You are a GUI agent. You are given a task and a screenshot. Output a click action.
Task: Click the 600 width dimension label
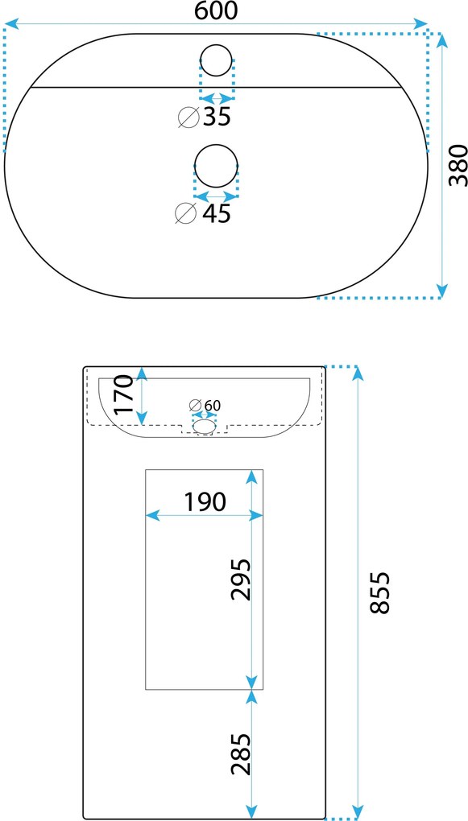216,10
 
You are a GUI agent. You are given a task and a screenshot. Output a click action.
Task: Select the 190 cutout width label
205,501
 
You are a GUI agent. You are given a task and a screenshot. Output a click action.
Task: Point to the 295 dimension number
242,579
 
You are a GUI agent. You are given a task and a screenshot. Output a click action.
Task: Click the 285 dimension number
242,754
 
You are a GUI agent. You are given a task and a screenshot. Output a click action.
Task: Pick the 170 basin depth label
125,394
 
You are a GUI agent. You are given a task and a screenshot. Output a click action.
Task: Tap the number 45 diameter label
217,213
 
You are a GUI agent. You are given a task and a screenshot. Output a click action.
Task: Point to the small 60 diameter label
212,405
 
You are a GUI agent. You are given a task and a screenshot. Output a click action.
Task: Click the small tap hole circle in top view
217,60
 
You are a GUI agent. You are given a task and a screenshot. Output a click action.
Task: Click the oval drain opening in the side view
205,427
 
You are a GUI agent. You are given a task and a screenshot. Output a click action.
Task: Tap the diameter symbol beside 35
188,118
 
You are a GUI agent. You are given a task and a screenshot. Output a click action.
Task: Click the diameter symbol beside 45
185,213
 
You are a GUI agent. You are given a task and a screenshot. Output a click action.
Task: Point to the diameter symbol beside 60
196,405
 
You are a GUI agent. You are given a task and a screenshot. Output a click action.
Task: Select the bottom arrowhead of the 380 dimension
442,290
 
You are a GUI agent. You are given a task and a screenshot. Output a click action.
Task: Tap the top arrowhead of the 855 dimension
358,373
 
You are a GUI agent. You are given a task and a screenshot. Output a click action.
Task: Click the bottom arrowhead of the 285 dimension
252,811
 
